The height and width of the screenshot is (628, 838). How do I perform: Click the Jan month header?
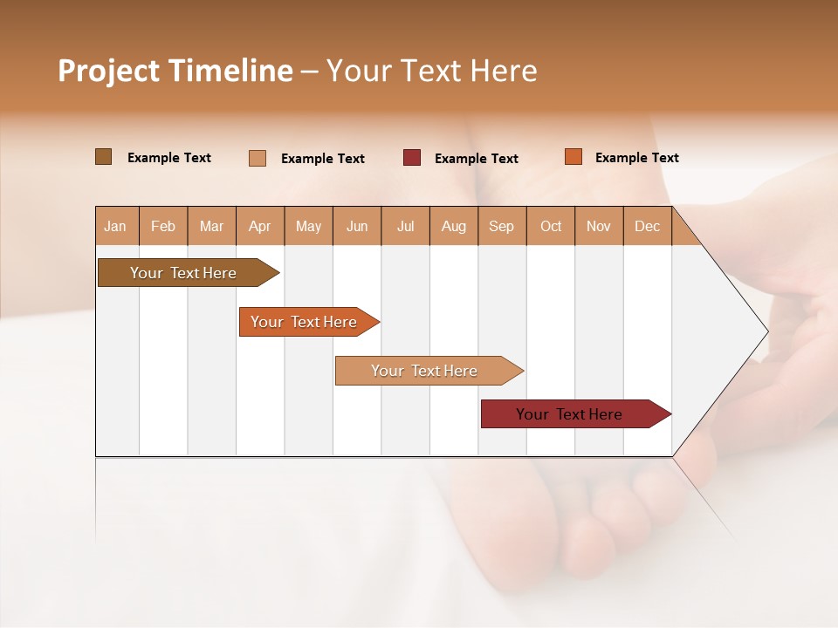(x=116, y=226)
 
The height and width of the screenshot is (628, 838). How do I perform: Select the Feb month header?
(x=163, y=226)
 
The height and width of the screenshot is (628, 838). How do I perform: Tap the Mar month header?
(x=211, y=226)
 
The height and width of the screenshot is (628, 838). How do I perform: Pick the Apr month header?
(x=260, y=226)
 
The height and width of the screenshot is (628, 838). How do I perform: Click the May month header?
(x=308, y=226)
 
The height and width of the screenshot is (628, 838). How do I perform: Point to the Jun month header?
(x=357, y=226)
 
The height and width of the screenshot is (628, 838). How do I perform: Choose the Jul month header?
(x=405, y=226)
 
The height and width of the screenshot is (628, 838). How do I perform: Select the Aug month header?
(x=454, y=226)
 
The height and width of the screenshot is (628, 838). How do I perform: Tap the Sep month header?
(x=502, y=226)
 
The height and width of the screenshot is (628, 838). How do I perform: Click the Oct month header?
(x=551, y=226)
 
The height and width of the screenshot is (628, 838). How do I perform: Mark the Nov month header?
(x=599, y=226)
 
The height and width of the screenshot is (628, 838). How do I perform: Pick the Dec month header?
(x=647, y=226)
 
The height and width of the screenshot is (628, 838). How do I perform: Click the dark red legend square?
(x=412, y=158)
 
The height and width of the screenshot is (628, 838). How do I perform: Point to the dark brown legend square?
(x=103, y=157)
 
